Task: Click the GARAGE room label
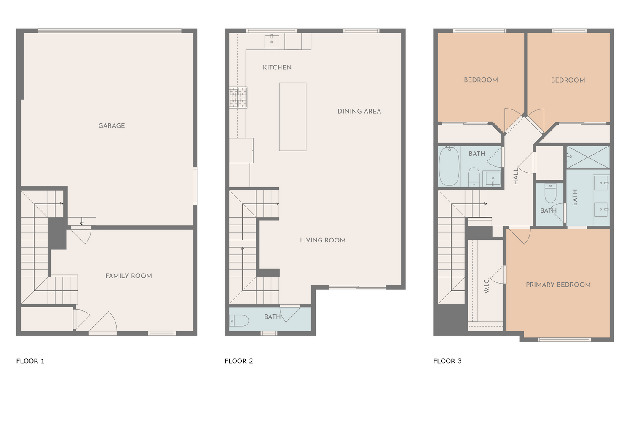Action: tap(112, 125)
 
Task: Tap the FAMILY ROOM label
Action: tap(129, 276)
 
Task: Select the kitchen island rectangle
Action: tap(292, 117)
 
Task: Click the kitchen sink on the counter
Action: tap(271, 41)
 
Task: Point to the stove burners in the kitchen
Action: tap(238, 97)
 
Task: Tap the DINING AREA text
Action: tap(359, 112)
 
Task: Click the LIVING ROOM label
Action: tap(322, 240)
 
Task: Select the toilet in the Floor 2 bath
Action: tap(239, 321)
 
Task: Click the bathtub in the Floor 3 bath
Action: tap(449, 166)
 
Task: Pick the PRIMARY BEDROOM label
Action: tap(558, 285)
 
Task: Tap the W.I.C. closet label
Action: tap(486, 286)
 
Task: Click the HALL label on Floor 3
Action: tap(516, 176)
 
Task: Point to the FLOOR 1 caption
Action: tap(30, 361)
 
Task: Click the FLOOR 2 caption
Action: tap(239, 361)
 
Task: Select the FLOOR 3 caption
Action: tap(447, 361)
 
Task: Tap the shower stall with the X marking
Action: tap(588, 157)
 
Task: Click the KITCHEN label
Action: tap(277, 67)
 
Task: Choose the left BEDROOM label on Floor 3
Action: tap(481, 80)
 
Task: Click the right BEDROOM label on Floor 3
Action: tap(568, 80)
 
